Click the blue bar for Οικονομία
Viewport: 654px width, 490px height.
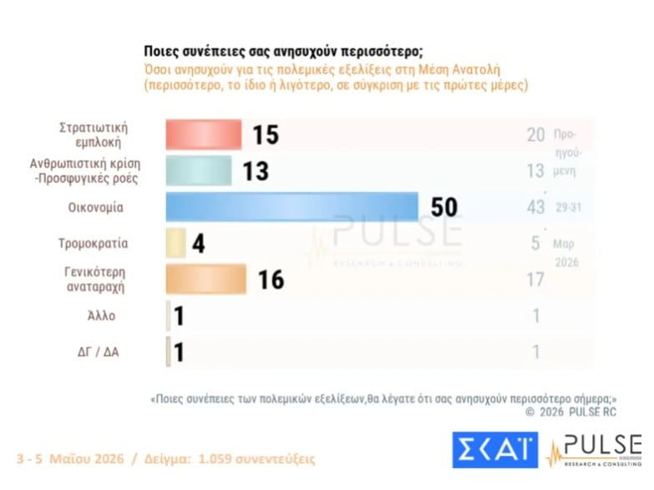click(292, 207)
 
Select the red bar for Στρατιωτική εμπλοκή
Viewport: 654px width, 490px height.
click(204, 135)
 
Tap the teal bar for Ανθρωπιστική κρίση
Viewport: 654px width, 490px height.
click(199, 171)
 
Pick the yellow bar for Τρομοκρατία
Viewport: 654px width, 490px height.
click(175, 242)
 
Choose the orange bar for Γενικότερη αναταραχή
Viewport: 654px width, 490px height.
click(206, 279)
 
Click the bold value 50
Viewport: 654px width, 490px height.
click(444, 207)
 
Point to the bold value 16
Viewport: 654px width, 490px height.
click(271, 279)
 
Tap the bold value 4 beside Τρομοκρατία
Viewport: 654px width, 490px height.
click(199, 243)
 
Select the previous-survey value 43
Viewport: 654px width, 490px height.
click(535, 207)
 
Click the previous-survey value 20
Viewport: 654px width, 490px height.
click(535, 135)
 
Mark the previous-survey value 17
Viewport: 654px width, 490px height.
click(535, 279)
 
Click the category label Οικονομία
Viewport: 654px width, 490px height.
click(95, 207)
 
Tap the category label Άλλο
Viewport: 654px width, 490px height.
click(101, 315)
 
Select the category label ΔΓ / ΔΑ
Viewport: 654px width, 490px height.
click(98, 352)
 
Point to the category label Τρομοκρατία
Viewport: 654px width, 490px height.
click(93, 243)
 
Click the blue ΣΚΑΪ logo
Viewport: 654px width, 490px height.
click(495, 450)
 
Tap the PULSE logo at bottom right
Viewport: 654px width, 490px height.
click(595, 452)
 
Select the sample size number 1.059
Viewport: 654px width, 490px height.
click(215, 459)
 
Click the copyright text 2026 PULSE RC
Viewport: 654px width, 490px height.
click(578, 412)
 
